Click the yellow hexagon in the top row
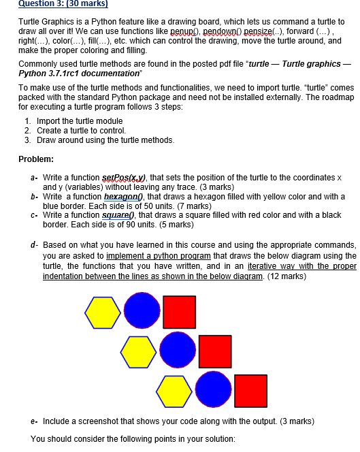(x=103, y=312)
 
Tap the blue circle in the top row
(x=142, y=311)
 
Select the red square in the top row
(x=179, y=312)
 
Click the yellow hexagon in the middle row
(x=139, y=351)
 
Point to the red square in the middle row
(x=215, y=351)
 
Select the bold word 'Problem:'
(x=37, y=159)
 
